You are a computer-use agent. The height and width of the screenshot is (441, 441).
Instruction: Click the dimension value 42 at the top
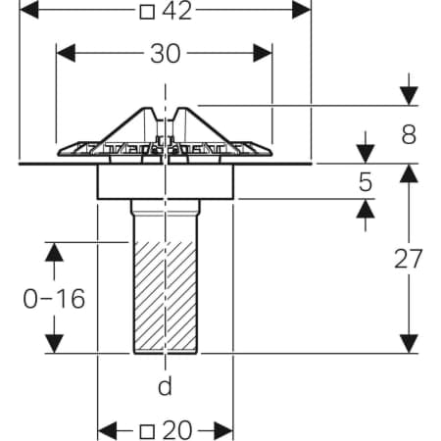[176, 11]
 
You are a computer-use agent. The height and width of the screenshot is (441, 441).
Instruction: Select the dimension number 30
[166, 54]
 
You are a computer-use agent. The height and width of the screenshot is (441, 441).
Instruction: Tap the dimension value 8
[409, 134]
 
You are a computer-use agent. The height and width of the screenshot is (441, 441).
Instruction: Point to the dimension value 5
[366, 182]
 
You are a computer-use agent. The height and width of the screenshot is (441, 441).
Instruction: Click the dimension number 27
[408, 259]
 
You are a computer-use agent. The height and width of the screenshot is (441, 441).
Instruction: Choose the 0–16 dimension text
[54, 299]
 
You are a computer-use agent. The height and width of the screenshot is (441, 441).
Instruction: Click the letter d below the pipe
[165, 386]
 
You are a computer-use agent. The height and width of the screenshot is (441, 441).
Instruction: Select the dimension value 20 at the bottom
[176, 430]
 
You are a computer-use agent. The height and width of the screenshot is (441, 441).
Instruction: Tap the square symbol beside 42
[147, 13]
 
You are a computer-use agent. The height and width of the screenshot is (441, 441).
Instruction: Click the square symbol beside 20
[147, 432]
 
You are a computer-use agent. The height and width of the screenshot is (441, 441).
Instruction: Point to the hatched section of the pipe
[166, 297]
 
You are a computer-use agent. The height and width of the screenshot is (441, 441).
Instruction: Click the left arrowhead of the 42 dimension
[28, 10]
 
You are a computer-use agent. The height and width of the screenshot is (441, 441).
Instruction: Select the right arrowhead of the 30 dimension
[263, 53]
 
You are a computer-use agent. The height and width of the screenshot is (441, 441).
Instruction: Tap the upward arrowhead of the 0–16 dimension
[54, 252]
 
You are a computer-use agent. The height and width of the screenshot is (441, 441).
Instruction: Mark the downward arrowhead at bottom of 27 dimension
[409, 344]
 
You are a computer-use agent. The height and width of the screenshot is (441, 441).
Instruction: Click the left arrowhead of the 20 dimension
[107, 431]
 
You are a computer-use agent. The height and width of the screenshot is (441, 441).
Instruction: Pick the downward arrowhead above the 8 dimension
[409, 96]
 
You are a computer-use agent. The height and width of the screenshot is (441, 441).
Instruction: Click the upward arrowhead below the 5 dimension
[366, 209]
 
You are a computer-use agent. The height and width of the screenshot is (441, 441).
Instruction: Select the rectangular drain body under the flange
[166, 181]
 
